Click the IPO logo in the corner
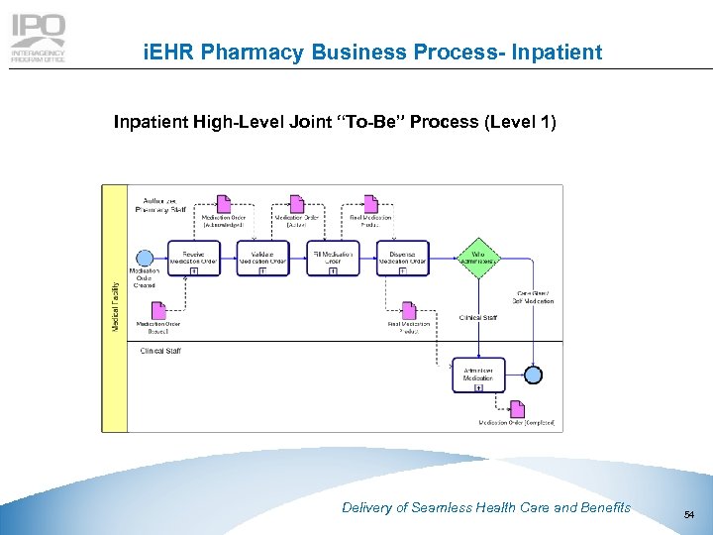pos(38,40)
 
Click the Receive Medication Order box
pos(194,258)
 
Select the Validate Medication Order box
pos(263,258)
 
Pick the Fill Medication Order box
pos(332,258)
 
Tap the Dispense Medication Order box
pos(402,258)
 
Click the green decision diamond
pos(478,258)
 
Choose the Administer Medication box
pos(478,374)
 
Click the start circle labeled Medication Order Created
pos(146,258)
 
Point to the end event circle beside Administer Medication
pos(534,374)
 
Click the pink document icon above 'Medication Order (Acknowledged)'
pos(224,204)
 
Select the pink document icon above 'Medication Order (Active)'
pos(296,204)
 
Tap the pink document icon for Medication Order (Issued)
pos(158,310)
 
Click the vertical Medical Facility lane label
pos(114,307)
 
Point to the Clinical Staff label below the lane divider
pos(160,351)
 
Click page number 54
pos(688,513)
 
